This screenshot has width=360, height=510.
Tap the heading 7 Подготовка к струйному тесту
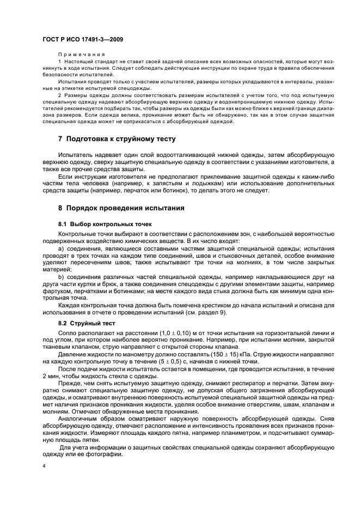coord(117,139)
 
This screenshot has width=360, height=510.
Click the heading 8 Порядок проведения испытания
coord(121,208)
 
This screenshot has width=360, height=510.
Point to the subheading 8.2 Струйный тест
coord(87,323)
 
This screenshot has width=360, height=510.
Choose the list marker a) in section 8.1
coord(61,248)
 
